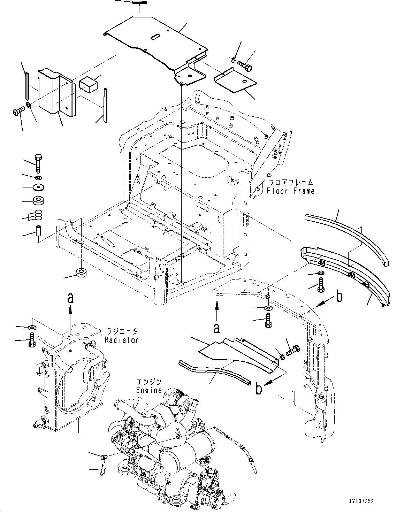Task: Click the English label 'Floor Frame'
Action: [x=291, y=191]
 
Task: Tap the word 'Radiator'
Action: [x=122, y=340]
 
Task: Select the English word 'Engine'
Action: [x=149, y=390]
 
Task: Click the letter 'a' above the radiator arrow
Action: [x=70, y=298]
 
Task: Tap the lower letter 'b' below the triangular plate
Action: [x=259, y=389]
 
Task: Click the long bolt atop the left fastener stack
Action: [x=38, y=163]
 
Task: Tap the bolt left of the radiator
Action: [x=32, y=339]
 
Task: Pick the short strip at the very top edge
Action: [x=139, y=2]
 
